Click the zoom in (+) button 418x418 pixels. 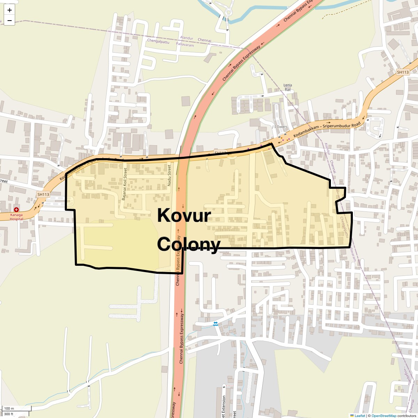(9, 10)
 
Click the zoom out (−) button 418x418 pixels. (9, 21)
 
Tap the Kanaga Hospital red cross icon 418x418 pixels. (16, 209)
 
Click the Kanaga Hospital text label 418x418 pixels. (16, 217)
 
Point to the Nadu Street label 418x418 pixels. (170, 175)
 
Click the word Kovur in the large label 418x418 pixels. (184, 215)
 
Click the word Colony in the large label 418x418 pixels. (188, 244)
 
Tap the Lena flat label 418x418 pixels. (288, 87)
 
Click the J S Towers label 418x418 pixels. (280, 127)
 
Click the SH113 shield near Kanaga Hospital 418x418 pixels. (43, 194)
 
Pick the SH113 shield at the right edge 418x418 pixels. (403, 72)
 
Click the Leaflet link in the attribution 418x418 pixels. (359, 416)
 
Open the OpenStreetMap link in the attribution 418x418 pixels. (384, 416)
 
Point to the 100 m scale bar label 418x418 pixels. (9, 409)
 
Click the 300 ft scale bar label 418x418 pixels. (9, 414)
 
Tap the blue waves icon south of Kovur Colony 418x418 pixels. (216, 324)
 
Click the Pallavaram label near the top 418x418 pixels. (185, 45)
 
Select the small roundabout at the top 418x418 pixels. (229, 13)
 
